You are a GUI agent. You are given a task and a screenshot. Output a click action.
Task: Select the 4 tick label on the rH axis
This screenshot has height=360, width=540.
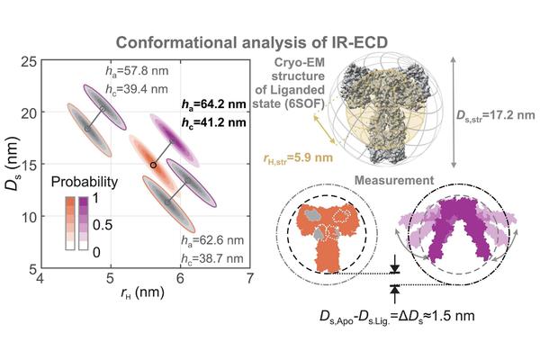pos(40,282)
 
